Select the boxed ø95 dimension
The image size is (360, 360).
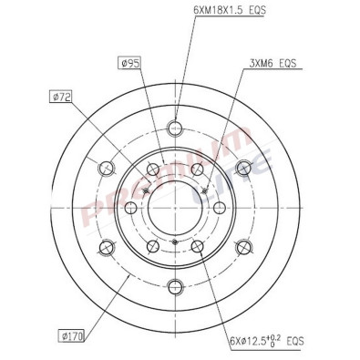coord(130,63)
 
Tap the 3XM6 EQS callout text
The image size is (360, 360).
coord(273,66)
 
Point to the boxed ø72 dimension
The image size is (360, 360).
coord(60,95)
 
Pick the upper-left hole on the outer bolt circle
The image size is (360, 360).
coord(107,167)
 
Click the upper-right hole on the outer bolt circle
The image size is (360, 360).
coord(243,167)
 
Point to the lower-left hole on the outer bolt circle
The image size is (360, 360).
coord(107,246)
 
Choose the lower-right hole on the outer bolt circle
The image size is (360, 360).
coord(243,246)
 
